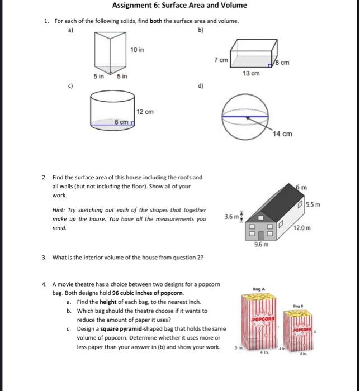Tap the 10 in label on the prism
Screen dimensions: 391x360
138,50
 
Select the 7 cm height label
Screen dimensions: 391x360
219,59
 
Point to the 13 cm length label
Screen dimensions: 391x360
251,74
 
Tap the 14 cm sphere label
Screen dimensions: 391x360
283,134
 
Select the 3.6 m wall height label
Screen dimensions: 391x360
231,216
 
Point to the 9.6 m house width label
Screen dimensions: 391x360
261,245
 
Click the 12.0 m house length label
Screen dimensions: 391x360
304,228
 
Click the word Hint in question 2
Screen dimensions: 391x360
58,210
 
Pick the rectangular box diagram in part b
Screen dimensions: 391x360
252,54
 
